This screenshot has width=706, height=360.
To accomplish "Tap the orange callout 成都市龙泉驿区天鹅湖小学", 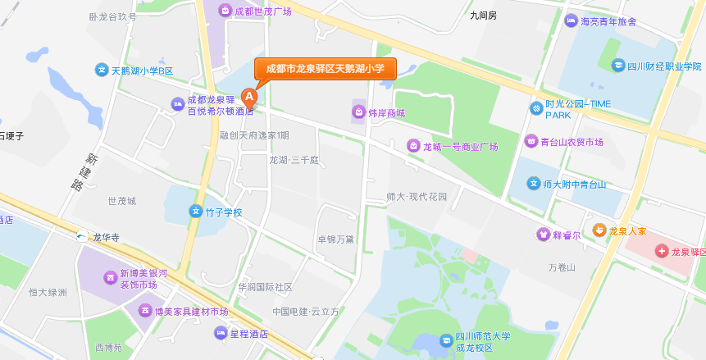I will click(325, 69).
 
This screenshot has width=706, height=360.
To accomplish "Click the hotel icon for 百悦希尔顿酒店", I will click(177, 103).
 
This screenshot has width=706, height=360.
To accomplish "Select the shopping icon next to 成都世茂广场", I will click(224, 11).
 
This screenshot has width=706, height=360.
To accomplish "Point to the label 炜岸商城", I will click(385, 112).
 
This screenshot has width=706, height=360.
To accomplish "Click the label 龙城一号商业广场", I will click(460, 147).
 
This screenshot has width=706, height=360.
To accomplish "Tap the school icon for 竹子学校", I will click(196, 212).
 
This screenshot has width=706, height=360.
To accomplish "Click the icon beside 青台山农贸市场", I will click(531, 142).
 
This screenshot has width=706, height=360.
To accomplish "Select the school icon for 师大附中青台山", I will click(534, 184).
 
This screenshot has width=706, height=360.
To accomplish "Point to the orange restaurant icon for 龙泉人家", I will click(599, 230).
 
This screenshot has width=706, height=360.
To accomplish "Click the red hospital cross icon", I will click(663, 251).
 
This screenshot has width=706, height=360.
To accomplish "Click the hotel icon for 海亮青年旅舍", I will click(571, 21).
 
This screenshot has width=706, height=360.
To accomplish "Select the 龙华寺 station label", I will click(106, 238).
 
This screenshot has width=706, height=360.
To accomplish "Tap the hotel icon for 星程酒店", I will click(220, 333).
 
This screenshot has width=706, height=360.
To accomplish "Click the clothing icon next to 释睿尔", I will click(542, 235).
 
